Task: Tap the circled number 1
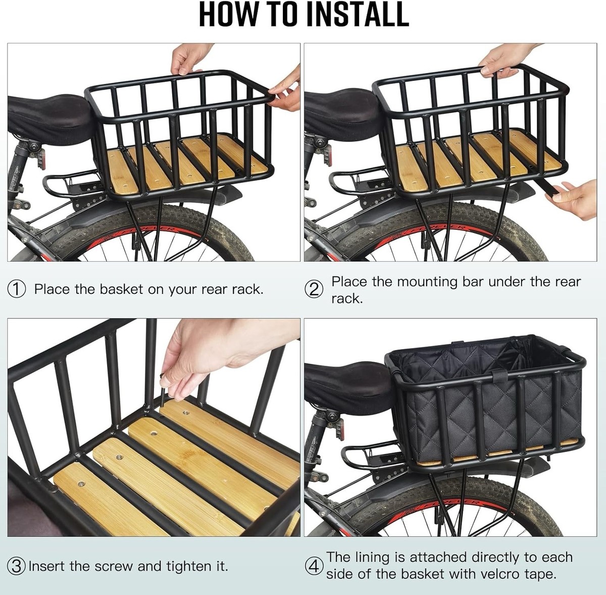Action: pos(17,289)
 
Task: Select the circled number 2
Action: pos(314,290)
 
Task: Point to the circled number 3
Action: pos(17,566)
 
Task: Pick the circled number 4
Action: pos(314,566)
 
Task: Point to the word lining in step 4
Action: pos(374,557)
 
